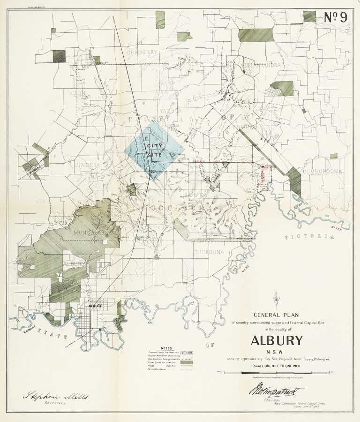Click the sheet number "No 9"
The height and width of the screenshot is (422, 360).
pyautogui.click(x=335, y=17)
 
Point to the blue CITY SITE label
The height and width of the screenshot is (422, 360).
pyautogui.click(x=154, y=150)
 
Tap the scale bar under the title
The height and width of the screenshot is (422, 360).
pyautogui.click(x=277, y=372)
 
